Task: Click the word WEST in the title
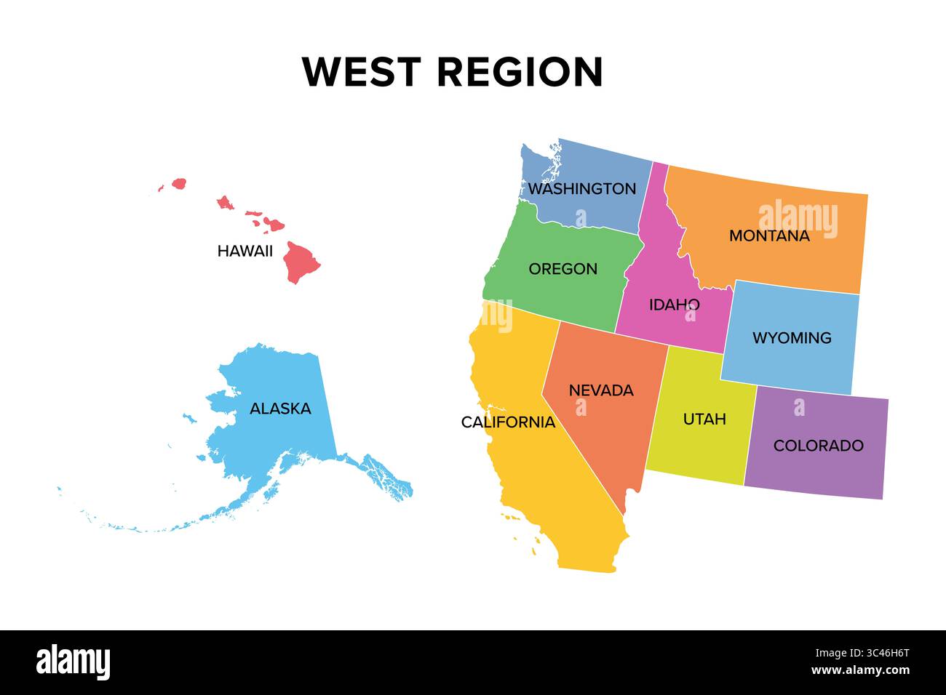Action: [361, 72]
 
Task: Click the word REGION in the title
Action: [520, 72]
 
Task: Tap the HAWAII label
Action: [245, 252]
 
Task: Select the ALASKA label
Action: [280, 409]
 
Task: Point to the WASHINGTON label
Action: [581, 189]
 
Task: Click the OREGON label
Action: [563, 269]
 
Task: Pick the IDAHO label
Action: [674, 305]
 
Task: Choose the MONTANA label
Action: [769, 236]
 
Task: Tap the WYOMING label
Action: [792, 338]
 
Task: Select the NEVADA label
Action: [601, 390]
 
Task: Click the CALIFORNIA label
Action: [508, 422]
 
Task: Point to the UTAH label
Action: [704, 419]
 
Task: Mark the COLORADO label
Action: [818, 446]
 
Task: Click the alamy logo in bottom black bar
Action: [73, 662]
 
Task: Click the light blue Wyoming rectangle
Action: [793, 363]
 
